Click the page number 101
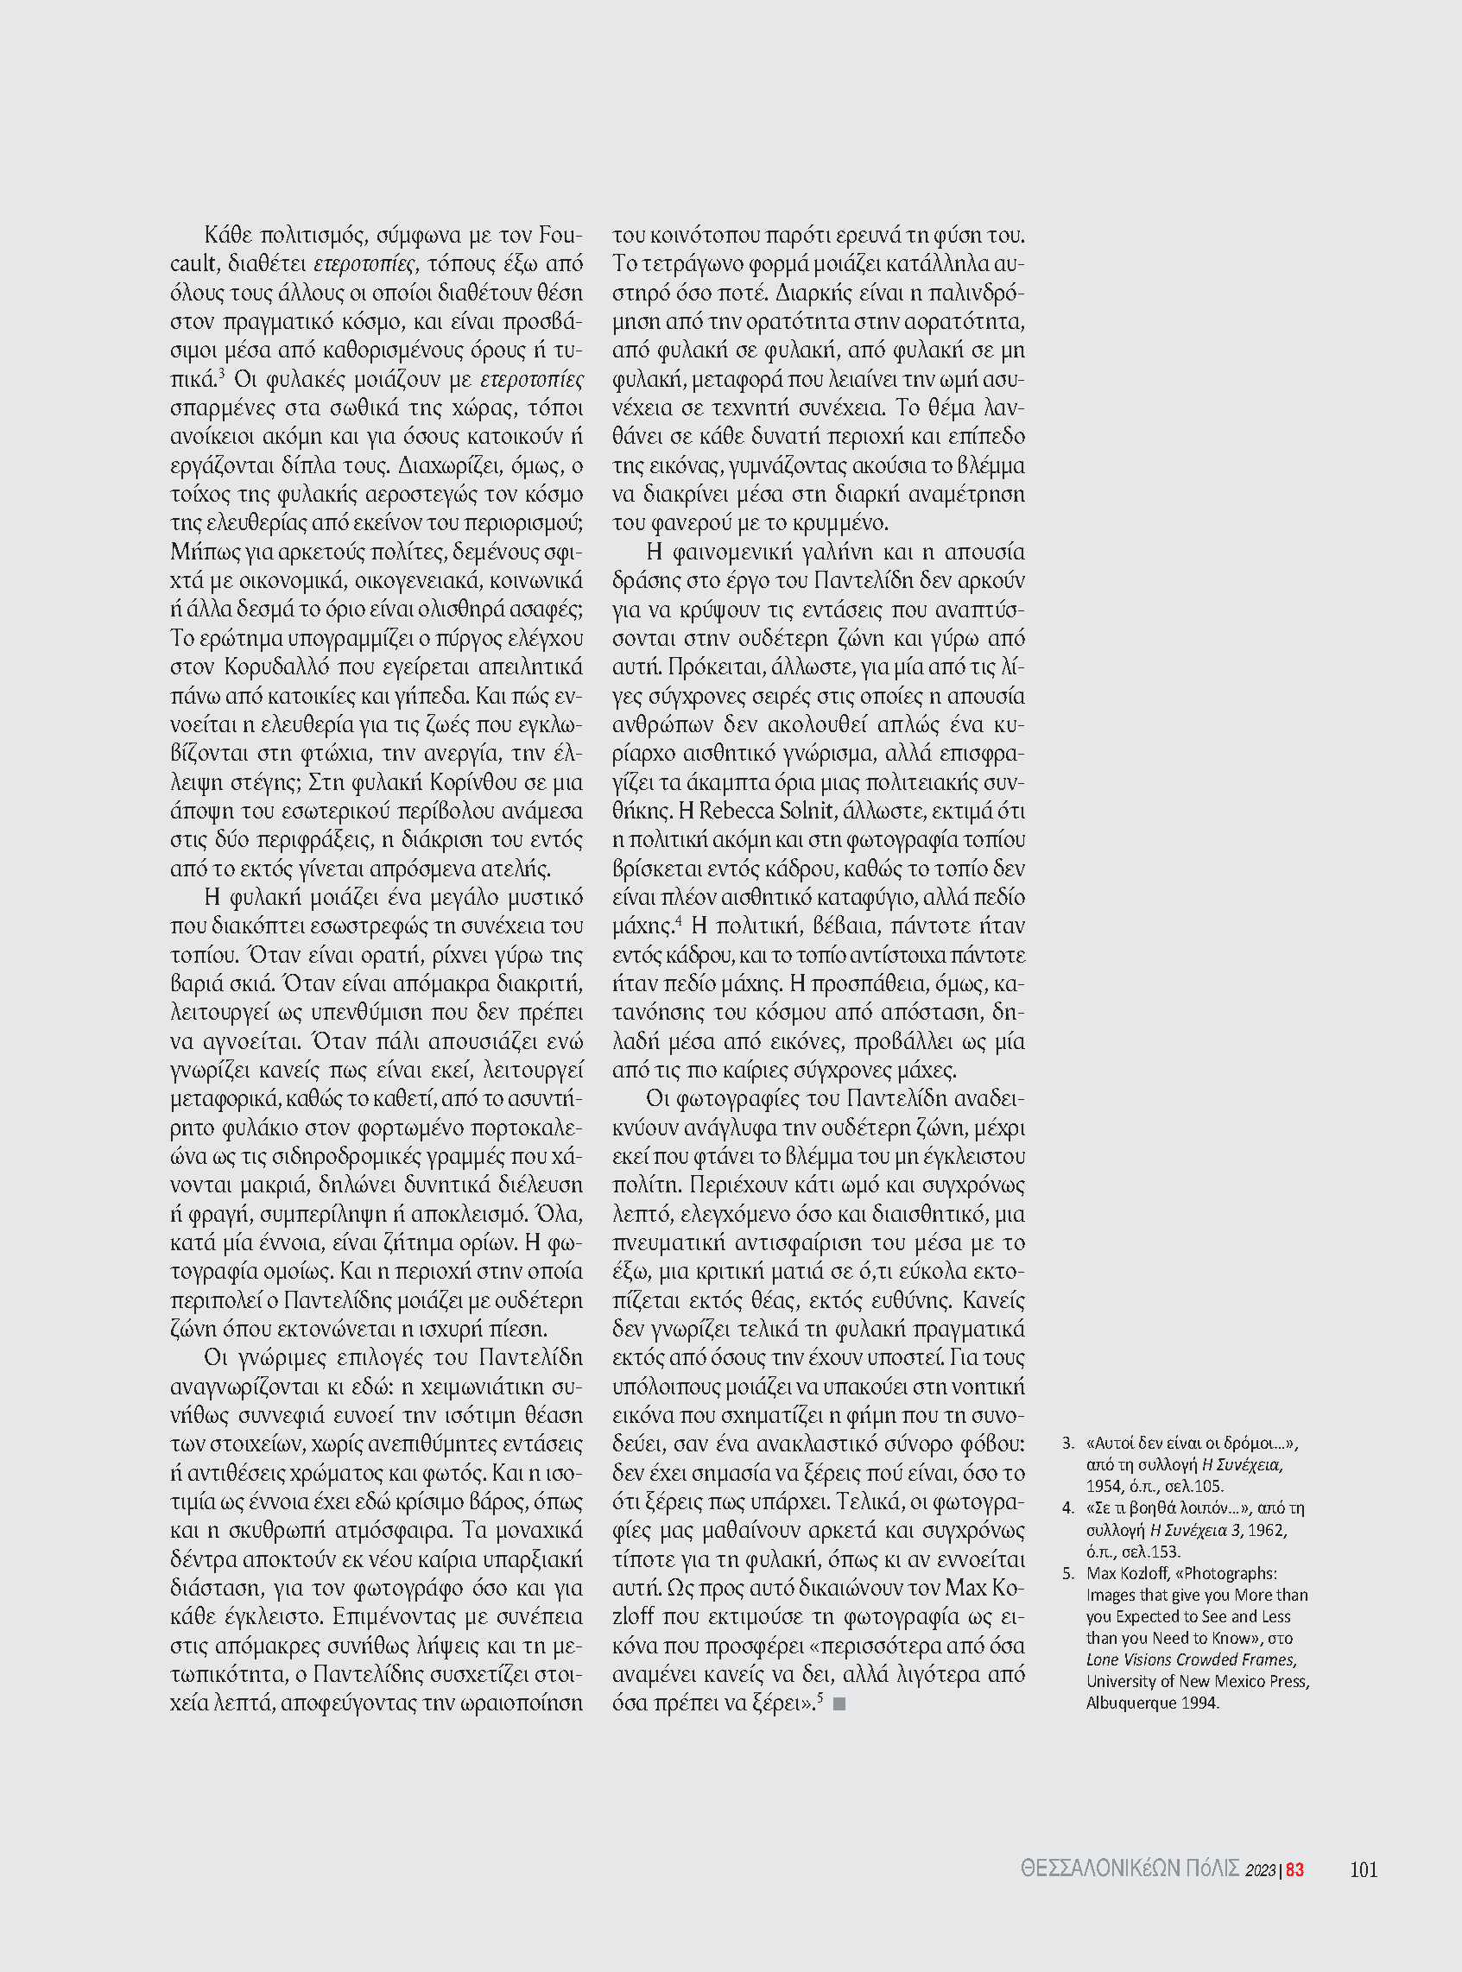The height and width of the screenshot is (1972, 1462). [1363, 1869]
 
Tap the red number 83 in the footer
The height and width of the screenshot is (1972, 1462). [1294, 1870]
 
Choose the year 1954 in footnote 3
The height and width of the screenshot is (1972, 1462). [1104, 1485]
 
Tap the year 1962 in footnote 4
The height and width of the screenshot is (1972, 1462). [1268, 1530]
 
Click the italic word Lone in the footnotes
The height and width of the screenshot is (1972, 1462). [1104, 1659]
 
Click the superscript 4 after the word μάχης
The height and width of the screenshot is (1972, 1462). [678, 921]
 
